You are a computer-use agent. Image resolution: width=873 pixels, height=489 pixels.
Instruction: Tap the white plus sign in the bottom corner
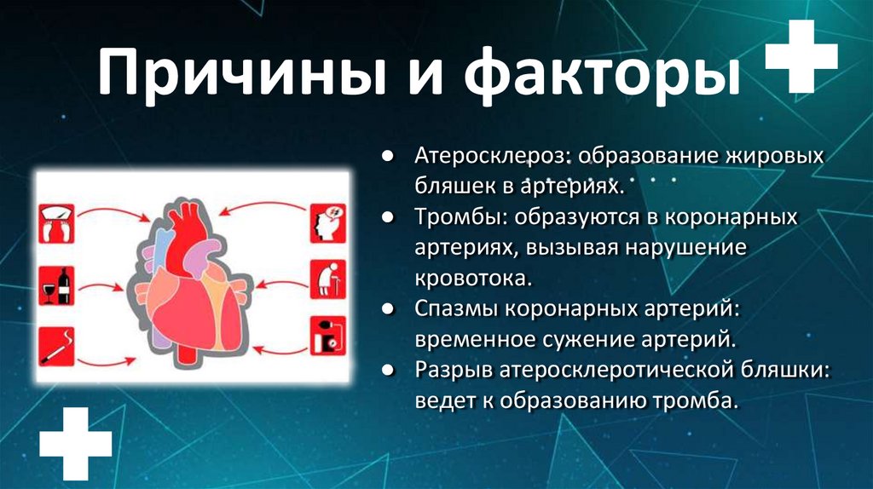coord(76,442)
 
